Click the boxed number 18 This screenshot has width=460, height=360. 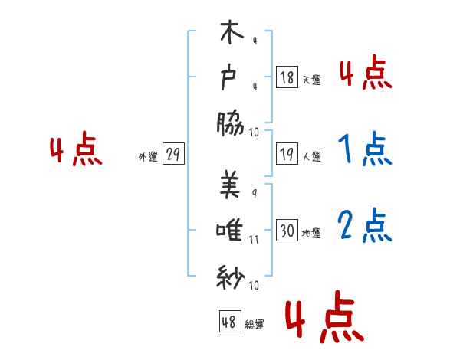tap(287, 78)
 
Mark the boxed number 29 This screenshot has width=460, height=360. tap(173, 155)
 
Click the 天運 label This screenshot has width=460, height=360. tap(311, 80)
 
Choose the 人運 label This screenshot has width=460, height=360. tap(311, 157)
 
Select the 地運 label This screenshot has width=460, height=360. tap(311, 234)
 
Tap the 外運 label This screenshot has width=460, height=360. tap(147, 157)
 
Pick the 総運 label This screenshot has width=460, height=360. tap(255, 324)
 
